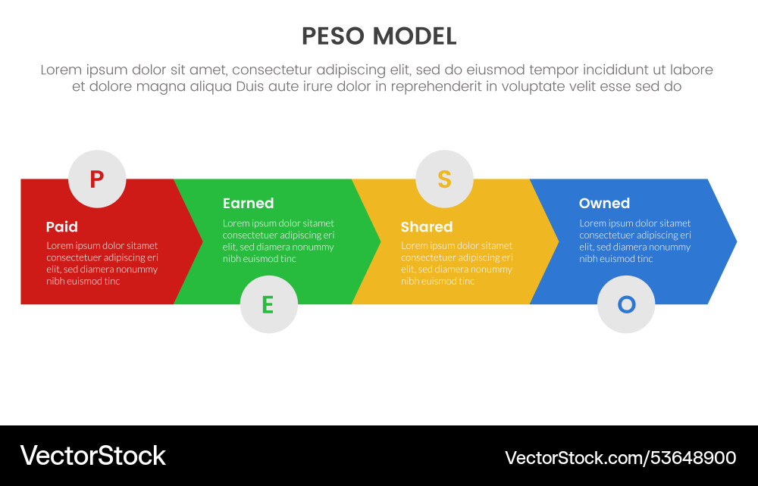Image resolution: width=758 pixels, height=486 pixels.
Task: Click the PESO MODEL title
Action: click(379, 36)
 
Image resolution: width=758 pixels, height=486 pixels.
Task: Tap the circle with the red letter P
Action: click(97, 179)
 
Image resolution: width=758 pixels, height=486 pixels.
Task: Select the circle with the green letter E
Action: click(268, 304)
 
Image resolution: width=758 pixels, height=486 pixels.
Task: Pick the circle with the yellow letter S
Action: click(444, 179)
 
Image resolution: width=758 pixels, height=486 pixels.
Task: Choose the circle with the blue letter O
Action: click(626, 304)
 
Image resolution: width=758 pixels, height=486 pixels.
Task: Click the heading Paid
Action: click(62, 226)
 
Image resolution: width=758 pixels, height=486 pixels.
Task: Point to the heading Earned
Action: click(248, 203)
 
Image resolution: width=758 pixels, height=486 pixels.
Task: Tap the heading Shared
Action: click(426, 226)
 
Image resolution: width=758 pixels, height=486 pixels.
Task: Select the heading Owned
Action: click(604, 203)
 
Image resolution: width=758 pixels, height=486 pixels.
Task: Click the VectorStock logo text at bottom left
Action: click(92, 456)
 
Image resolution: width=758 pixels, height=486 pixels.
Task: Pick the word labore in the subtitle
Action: click(691, 70)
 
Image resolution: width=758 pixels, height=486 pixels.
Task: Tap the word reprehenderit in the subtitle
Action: click(433, 86)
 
